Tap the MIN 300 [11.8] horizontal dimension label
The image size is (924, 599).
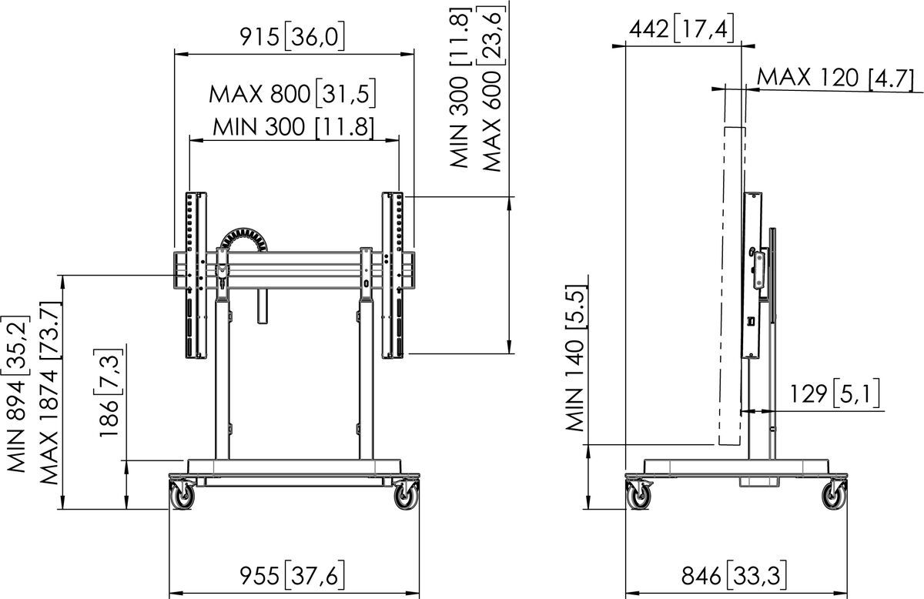(293, 126)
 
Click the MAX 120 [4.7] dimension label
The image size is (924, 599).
(835, 78)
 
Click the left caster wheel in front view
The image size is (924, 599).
(183, 497)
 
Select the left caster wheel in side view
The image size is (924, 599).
(639, 497)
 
